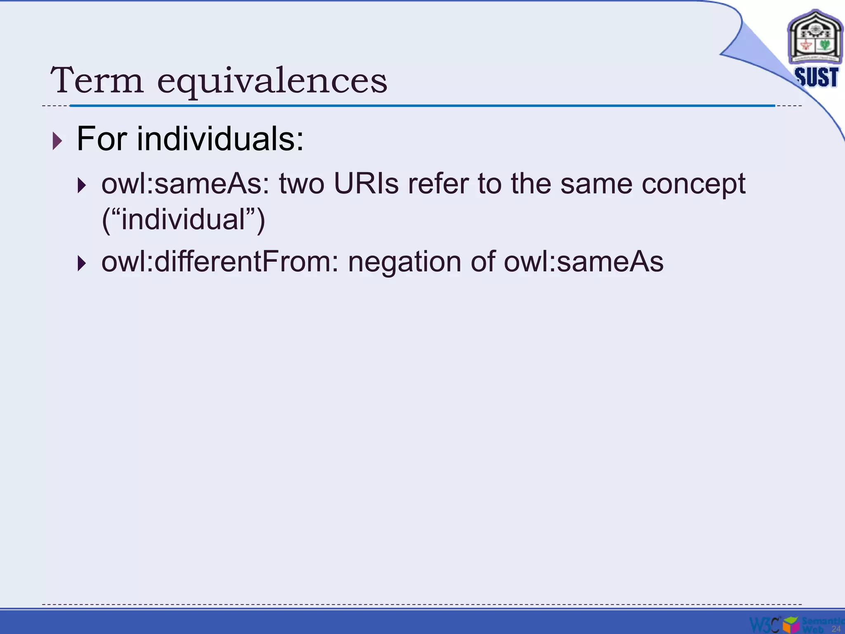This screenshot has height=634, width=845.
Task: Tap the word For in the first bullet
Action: (101, 139)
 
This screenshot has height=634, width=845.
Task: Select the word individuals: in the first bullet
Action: (220, 139)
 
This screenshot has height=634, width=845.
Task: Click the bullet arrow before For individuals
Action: (57, 141)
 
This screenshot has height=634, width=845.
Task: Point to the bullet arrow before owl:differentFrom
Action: (82, 263)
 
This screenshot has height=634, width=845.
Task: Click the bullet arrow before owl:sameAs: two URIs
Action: (82, 185)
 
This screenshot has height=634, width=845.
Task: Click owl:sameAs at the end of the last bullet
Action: (583, 262)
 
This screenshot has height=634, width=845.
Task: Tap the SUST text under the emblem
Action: (816, 77)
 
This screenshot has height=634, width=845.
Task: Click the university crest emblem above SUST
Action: (815, 38)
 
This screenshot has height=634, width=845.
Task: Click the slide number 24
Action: (836, 629)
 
